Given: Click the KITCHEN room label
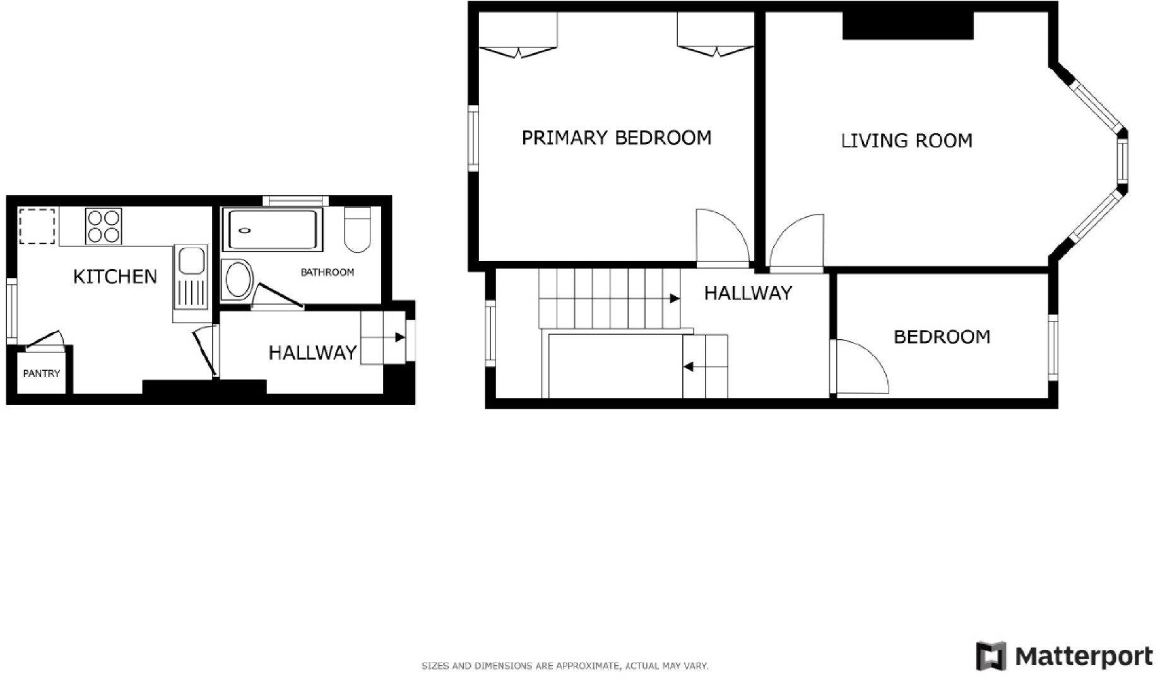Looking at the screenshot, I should tap(115, 277).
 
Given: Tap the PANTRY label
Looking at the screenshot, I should tap(42, 373).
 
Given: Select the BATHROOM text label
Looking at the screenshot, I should tap(327, 272).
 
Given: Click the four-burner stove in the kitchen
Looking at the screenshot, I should tap(104, 226).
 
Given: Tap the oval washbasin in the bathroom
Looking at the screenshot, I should tap(238, 279).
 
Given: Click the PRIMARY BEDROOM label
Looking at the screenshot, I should tap(616, 138).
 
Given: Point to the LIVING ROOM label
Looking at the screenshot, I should tap(906, 140).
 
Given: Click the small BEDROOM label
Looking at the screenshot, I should tap(942, 337).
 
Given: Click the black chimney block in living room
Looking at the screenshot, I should tap(908, 25).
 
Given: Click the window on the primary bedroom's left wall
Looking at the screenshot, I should tap(473, 138).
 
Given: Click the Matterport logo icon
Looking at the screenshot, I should tap(991, 656).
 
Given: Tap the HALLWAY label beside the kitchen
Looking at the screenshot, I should tap(312, 352).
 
